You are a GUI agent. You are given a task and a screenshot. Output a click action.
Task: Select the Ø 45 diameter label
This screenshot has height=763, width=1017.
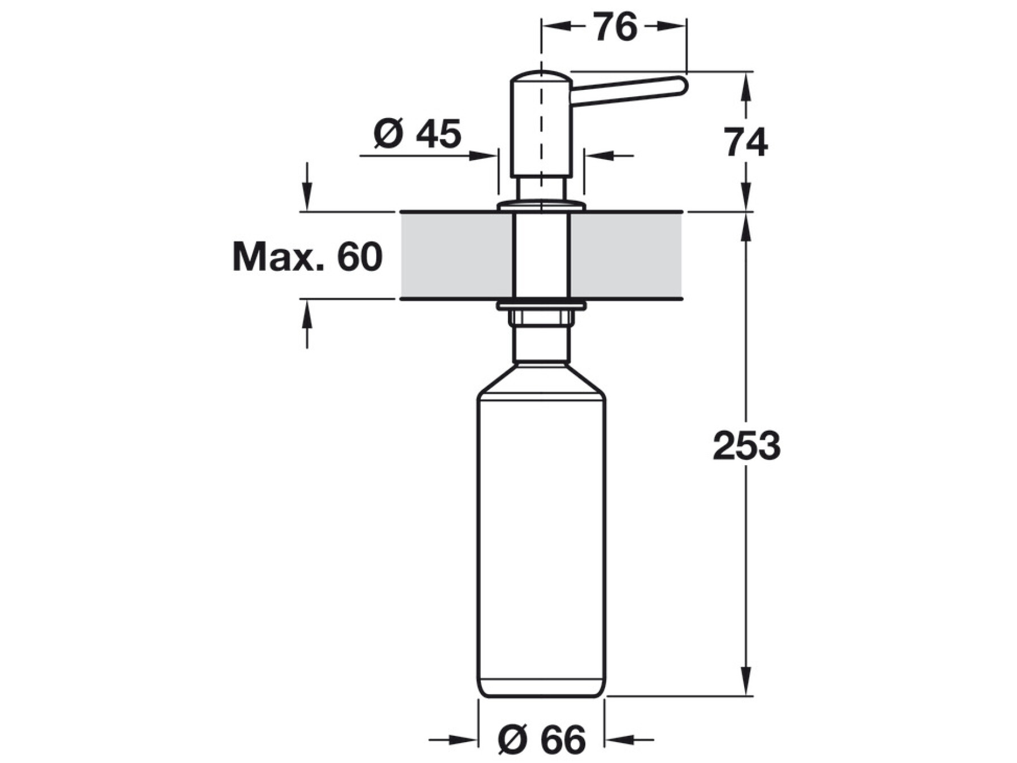[x=418, y=134]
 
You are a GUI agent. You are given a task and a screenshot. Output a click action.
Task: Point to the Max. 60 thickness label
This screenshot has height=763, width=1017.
[x=307, y=257]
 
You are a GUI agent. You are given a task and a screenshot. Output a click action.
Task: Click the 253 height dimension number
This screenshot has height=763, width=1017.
[x=746, y=446]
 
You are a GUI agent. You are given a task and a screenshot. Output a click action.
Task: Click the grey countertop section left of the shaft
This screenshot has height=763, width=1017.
[x=457, y=255]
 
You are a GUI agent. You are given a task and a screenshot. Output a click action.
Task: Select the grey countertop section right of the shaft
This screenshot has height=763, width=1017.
[x=627, y=255]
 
